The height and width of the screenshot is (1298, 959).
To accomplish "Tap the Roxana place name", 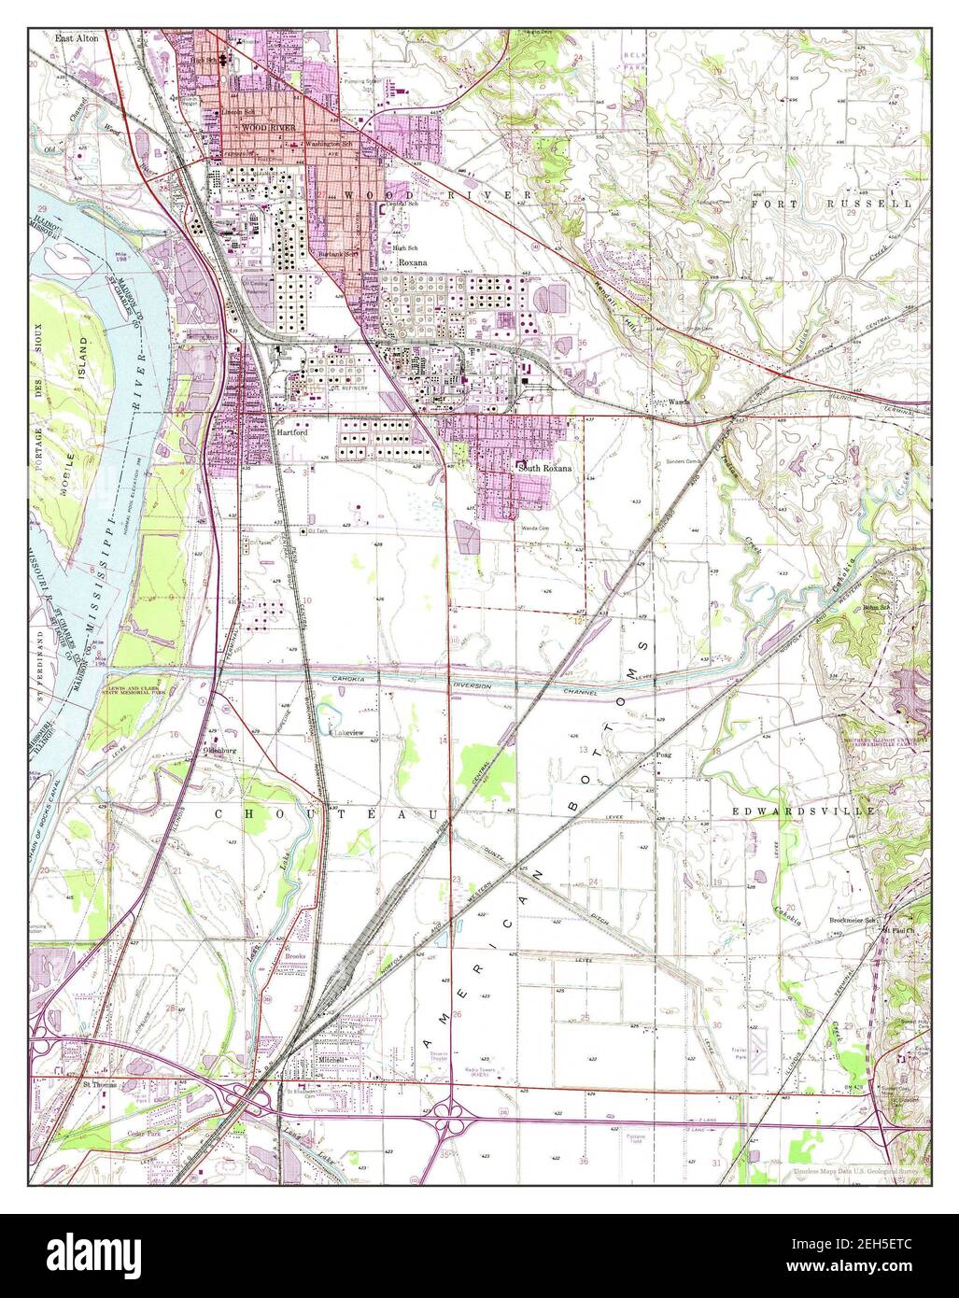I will [412, 263].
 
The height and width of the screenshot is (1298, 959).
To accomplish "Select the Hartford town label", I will [291, 434].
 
